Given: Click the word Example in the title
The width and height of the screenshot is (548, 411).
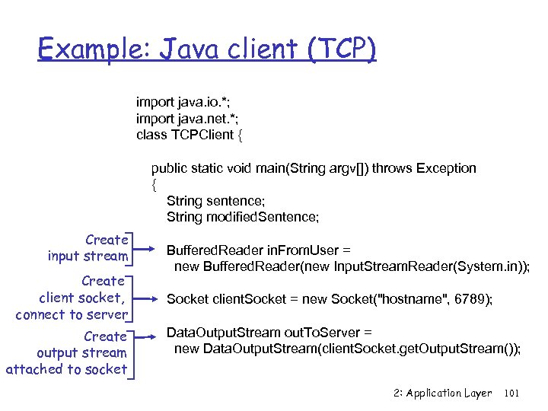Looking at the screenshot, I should pos(84,51).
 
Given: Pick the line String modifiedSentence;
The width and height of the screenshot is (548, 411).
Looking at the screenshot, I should pos(243,217).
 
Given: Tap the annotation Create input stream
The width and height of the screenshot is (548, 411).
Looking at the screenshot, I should pos(88,248).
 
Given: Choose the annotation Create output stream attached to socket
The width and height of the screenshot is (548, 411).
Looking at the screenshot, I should pos(66,353).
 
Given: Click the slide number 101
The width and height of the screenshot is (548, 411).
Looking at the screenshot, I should pos(511,393).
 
